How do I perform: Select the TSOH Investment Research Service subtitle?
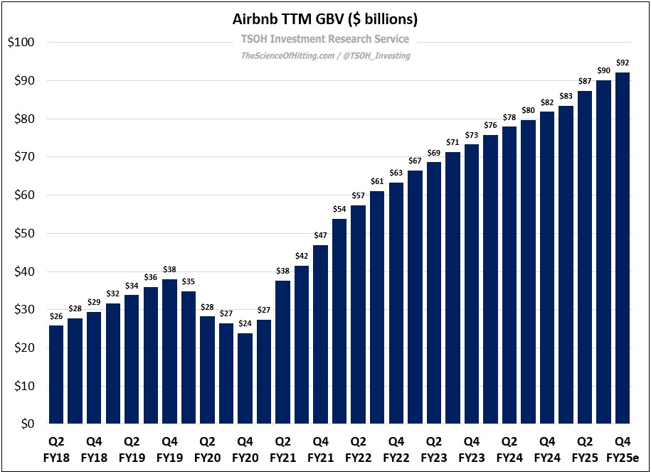click(x=325, y=39)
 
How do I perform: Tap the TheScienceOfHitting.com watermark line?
click(x=325, y=55)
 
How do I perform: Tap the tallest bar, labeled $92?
click(x=623, y=248)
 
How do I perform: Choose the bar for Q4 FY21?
click(x=320, y=334)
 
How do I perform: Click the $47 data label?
click(x=320, y=235)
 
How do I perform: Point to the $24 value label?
click(x=245, y=323)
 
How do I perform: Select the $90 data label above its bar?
click(x=603, y=70)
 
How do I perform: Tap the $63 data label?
click(x=396, y=173)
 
